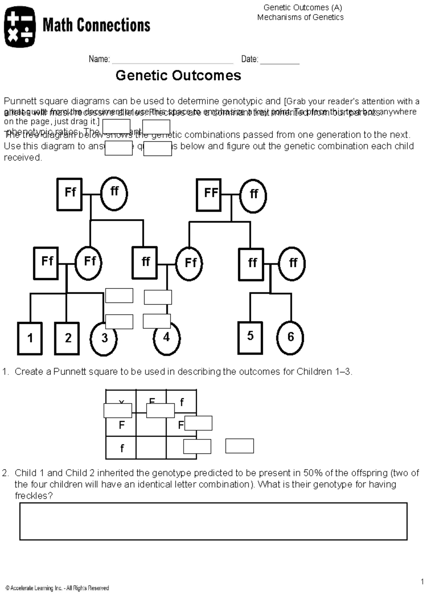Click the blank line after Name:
(173, 61)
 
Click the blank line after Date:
(280, 61)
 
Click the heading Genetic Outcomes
(178, 75)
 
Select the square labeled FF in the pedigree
(209, 194)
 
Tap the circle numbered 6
(290, 337)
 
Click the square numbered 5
(250, 337)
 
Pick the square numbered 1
(30, 338)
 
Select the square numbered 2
(67, 338)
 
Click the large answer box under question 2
(213, 521)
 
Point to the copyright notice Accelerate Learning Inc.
(57, 588)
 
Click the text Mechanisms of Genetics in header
(300, 17)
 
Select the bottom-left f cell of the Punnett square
(121, 448)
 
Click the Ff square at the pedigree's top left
(69, 194)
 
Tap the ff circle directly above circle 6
(292, 263)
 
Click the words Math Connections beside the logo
(96, 26)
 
